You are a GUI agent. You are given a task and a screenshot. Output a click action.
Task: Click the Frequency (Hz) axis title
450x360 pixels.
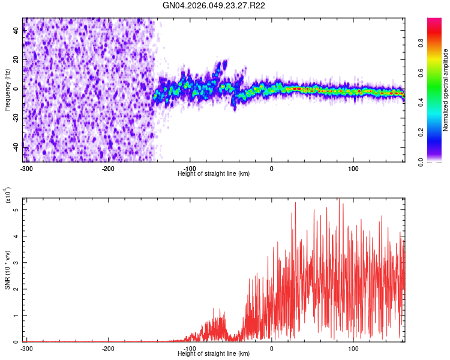tap(7, 89)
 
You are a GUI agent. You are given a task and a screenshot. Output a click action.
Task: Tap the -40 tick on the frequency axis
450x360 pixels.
tap(17, 146)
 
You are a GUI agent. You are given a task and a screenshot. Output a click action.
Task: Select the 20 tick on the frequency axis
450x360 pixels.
tap(17, 59)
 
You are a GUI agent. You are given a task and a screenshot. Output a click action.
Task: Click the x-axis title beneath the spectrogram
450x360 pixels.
tap(214, 173)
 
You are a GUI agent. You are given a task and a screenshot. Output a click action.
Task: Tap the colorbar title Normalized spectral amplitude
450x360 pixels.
tap(446, 90)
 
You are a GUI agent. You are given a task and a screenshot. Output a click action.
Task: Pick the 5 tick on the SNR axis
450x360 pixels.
tap(17, 210)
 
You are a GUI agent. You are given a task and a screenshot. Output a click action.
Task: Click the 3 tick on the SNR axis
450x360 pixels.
tap(17, 263)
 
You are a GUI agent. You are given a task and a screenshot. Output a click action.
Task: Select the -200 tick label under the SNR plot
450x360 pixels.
tap(108, 349)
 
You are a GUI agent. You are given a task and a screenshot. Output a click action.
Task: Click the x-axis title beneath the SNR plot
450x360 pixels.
tap(214, 353)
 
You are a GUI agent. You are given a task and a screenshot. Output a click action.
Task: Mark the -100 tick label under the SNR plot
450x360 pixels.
tap(190, 349)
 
